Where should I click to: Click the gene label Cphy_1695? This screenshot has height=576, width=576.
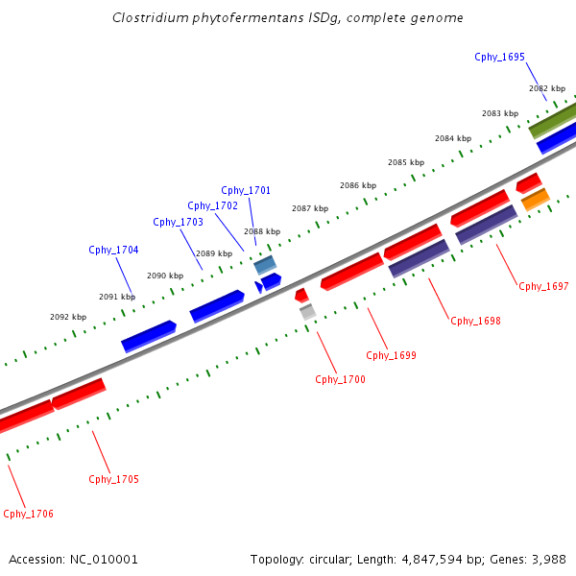pyautogui.click(x=499, y=57)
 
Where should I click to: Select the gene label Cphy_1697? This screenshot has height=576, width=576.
pyautogui.click(x=543, y=286)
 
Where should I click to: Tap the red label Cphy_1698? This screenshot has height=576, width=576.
pyautogui.click(x=475, y=321)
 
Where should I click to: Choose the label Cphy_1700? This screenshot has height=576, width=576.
pyautogui.click(x=340, y=379)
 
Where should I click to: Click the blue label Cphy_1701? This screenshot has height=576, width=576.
pyautogui.click(x=246, y=190)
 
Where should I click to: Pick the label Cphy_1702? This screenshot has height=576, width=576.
pyautogui.click(x=212, y=205)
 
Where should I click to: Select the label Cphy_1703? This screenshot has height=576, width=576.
pyautogui.click(x=178, y=222)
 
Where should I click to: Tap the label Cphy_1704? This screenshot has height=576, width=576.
pyautogui.click(x=113, y=250)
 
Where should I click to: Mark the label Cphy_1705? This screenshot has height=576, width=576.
pyautogui.click(x=113, y=479)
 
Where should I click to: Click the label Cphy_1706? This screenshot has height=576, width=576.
pyautogui.click(x=29, y=514)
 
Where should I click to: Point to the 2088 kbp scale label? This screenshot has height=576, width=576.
pyautogui.click(x=261, y=231)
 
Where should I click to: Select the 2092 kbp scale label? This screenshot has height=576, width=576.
pyautogui.click(x=68, y=317)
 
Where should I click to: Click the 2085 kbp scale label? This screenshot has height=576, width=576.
pyautogui.click(x=405, y=162)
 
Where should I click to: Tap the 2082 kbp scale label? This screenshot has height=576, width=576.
pyautogui.click(x=546, y=88)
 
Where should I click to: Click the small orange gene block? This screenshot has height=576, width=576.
pyautogui.click(x=535, y=199)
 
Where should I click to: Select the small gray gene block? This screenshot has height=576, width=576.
pyautogui.click(x=307, y=311)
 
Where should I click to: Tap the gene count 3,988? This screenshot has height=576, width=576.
pyautogui.click(x=547, y=559)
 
